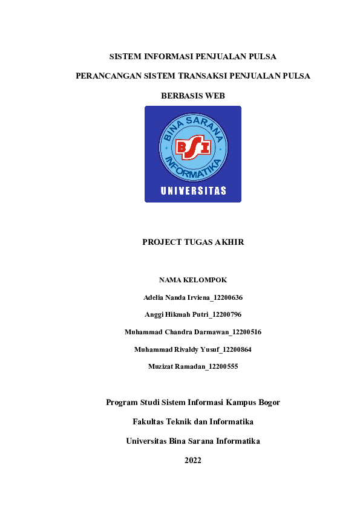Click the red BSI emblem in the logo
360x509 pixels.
click(192, 148)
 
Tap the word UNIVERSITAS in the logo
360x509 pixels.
click(193, 191)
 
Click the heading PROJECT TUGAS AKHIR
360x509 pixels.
click(193, 242)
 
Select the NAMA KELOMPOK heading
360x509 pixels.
click(192, 280)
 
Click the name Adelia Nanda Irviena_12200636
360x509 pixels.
click(193, 297)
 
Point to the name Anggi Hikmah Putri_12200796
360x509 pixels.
click(193, 314)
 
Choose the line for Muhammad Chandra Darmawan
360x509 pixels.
click(193, 332)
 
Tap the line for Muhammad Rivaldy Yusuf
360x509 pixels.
click(193, 349)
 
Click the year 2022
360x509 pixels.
click(193, 461)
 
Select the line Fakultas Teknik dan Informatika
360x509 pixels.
click(193, 421)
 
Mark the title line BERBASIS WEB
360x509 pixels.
click(193, 96)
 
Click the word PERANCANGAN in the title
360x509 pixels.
click(108, 76)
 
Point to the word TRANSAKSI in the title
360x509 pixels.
click(219, 76)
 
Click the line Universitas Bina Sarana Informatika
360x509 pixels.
click(193, 441)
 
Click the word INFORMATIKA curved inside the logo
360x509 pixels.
click(192, 169)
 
